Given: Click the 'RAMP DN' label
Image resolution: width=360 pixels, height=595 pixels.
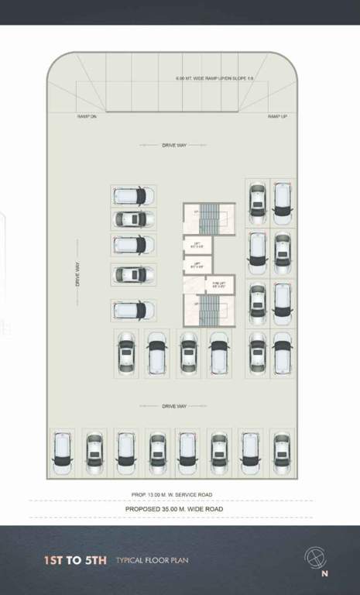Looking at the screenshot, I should click(87, 116).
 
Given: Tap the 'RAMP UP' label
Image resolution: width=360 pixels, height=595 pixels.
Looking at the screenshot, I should click(277, 116).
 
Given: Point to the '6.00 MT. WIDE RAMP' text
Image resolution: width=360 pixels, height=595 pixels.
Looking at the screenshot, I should click(203, 79).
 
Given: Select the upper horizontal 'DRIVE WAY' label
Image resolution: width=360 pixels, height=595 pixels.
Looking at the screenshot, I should click(174, 145).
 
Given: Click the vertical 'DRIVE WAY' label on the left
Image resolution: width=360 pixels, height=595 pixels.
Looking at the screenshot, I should click(77, 273).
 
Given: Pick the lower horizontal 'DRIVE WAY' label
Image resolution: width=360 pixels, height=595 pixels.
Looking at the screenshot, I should click(174, 406).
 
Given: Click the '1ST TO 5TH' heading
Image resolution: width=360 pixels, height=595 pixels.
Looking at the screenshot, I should click(75, 559).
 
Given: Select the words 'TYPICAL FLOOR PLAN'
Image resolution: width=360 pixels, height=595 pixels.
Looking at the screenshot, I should click(152, 559).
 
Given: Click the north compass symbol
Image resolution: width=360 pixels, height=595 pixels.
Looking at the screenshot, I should click(314, 557).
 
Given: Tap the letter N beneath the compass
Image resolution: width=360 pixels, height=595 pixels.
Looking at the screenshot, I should click(324, 574).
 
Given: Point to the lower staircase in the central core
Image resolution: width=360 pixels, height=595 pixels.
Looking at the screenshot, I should click(210, 311).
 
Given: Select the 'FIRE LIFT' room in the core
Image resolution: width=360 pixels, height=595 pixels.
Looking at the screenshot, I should click(220, 285).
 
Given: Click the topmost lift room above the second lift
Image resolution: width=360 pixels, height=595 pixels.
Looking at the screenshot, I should click(197, 246).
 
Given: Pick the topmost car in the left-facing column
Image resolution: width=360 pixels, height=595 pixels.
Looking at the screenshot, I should click(132, 195).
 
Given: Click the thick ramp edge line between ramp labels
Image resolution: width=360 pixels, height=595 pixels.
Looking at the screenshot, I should click(182, 112).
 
